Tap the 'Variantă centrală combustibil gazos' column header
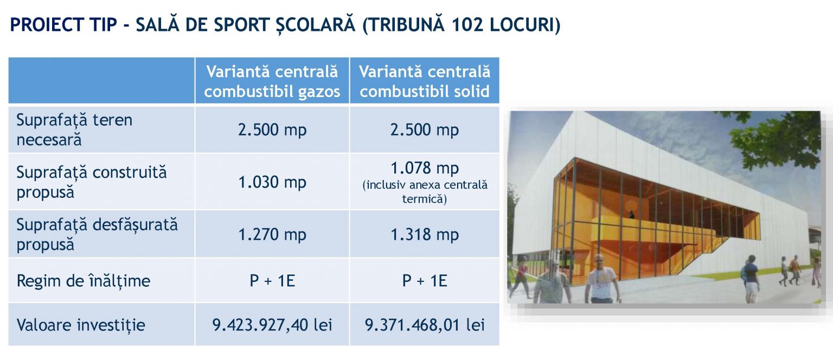pos(272,81)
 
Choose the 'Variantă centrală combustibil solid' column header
pos(425,81)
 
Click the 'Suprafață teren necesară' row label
pos(74,130)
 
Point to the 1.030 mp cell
pos(272,182)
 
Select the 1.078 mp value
pos(425,168)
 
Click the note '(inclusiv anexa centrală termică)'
pos(425,192)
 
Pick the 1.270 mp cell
pos(272,235)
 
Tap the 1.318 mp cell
pos(425,235)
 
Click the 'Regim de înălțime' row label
pos(84,281)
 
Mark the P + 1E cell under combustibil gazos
pos(272,281)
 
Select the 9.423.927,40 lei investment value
pos(272,325)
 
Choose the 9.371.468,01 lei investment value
pos(425,325)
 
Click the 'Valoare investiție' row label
pos(81,325)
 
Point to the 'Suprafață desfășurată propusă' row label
pos(97,235)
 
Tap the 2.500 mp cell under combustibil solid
pos(425,130)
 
